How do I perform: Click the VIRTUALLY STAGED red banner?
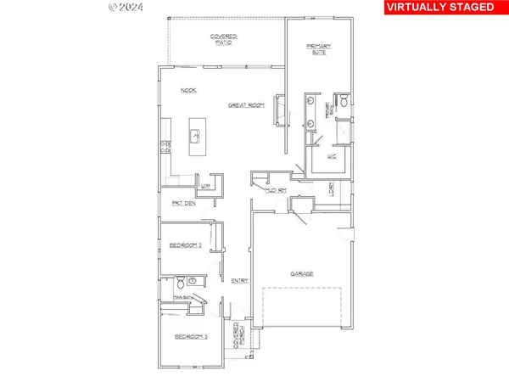[x=440, y=8]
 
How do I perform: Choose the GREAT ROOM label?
[x=246, y=105]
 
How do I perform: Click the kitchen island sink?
[x=194, y=134]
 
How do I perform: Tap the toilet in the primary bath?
[x=344, y=103]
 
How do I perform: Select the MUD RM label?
[x=276, y=191]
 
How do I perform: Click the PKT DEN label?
[x=184, y=203]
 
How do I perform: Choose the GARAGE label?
[x=303, y=273]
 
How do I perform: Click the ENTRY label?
[x=239, y=280]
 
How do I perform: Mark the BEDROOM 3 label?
[x=190, y=337]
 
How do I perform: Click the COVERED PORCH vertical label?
[x=239, y=336]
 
